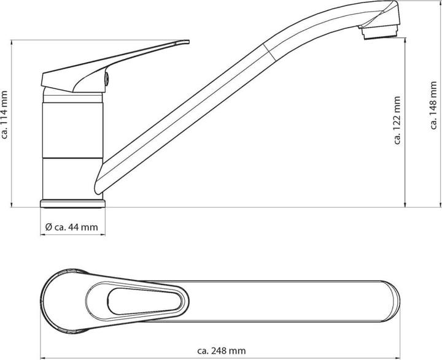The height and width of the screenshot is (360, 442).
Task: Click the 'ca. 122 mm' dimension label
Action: (x=397, y=121)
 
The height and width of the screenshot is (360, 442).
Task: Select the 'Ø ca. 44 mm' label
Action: (x=72, y=227)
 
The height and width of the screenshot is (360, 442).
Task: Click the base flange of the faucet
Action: (x=73, y=203)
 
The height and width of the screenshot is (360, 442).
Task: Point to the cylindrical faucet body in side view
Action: (x=72, y=147)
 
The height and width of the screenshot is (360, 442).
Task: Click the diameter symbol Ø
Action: (x=48, y=227)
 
